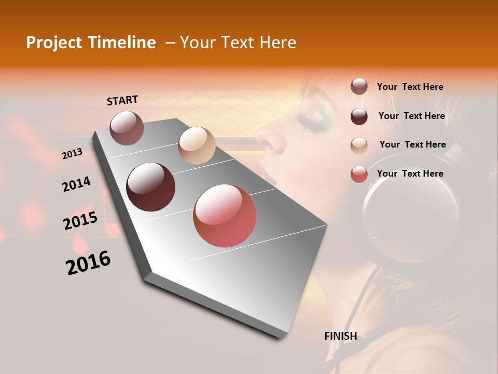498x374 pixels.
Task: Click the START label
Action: click(122, 100)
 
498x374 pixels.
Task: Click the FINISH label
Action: click(340, 336)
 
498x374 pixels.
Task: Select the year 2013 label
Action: click(72, 154)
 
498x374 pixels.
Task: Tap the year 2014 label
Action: click(76, 184)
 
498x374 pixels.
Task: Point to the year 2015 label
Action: click(80, 221)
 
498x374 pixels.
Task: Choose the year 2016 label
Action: click(88, 263)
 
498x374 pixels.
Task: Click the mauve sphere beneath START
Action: click(127, 128)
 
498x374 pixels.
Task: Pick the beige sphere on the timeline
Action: click(197, 145)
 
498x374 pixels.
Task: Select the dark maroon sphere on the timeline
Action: click(151, 187)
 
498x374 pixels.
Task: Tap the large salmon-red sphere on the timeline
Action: click(225, 216)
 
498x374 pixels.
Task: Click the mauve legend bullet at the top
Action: click(359, 87)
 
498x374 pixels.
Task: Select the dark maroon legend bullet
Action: click(359, 116)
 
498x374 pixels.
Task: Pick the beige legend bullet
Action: click(359, 145)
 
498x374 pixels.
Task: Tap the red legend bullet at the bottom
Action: click(359, 174)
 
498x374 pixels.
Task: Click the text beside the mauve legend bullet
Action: click(410, 87)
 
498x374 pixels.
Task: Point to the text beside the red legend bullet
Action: click(410, 173)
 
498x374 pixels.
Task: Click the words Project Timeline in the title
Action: click(91, 43)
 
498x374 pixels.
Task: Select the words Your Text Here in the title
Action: click(238, 43)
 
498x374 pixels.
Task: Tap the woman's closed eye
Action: click(307, 123)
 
